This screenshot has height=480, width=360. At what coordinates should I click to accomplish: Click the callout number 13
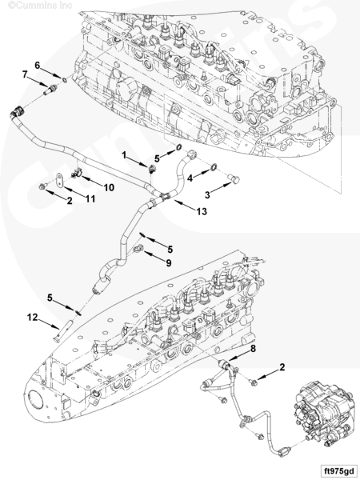click(202, 211)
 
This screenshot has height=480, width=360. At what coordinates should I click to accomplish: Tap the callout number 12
click(32, 317)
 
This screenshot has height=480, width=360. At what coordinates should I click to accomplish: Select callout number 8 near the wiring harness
click(253, 348)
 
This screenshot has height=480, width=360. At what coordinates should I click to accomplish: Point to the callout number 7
click(25, 74)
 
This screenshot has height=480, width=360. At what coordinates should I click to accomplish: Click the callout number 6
click(37, 66)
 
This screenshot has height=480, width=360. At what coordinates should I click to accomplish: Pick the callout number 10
click(109, 187)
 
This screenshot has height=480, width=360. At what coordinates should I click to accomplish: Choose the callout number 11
click(90, 198)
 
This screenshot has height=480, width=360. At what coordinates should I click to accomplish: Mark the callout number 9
click(168, 262)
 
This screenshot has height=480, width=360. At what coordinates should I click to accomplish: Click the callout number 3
click(207, 194)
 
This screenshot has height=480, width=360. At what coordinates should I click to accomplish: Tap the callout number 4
click(190, 178)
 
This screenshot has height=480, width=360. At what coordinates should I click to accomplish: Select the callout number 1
click(124, 155)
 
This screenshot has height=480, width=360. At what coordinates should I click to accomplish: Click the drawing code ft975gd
click(339, 470)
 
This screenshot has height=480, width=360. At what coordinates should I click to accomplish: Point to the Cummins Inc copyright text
click(40, 6)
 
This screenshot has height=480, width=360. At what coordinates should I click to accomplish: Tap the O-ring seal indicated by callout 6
click(65, 80)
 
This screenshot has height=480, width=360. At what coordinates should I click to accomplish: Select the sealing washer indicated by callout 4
click(214, 167)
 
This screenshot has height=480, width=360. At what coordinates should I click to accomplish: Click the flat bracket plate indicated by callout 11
click(59, 180)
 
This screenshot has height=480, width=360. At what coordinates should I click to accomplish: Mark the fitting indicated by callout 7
click(50, 90)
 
